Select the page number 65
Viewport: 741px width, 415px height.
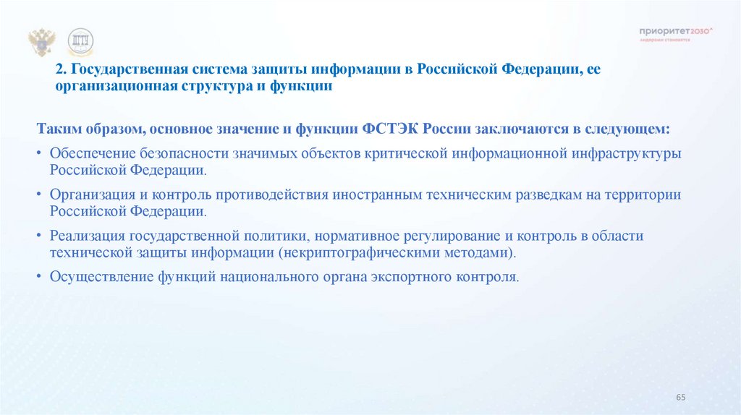[680, 398]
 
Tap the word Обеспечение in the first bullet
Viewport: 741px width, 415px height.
[90, 154]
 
